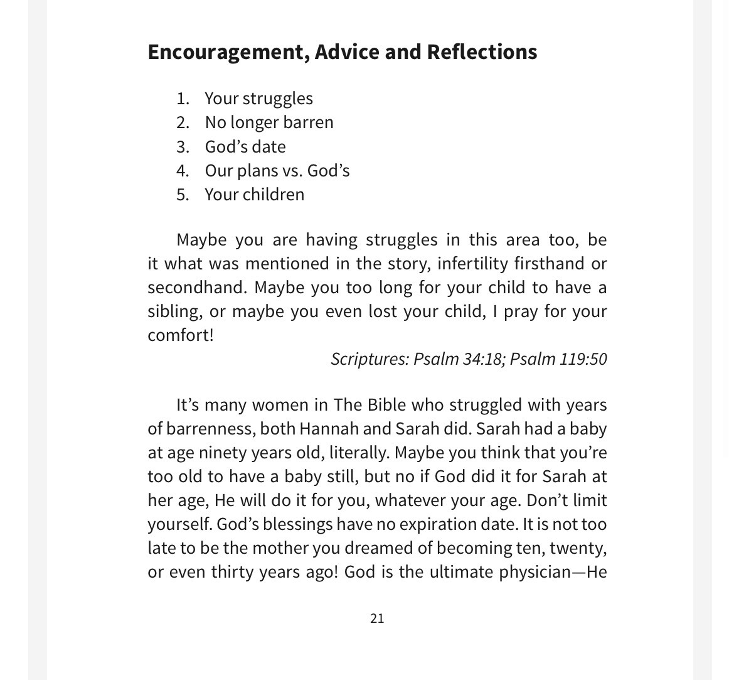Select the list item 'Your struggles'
[x=258, y=99]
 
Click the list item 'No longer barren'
[x=269, y=122]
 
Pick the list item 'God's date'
[x=245, y=147]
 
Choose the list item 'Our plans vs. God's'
[x=277, y=171]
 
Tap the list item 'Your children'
[x=254, y=195]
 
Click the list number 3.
[x=183, y=147]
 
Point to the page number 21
[x=377, y=618]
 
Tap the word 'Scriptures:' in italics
[x=370, y=359]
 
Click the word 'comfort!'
[x=181, y=335]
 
